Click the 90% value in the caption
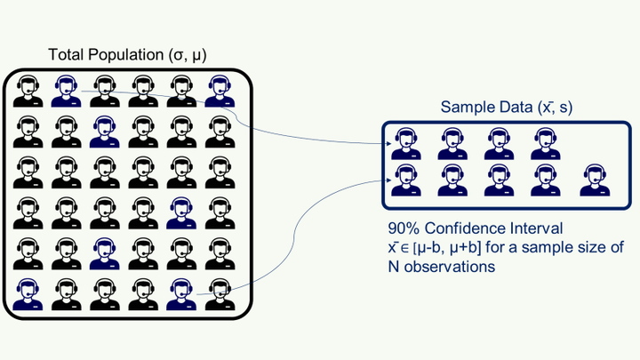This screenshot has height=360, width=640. [404, 228]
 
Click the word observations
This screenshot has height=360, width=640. [449, 266]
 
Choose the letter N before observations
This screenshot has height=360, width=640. [394, 266]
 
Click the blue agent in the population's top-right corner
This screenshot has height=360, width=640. [218, 89]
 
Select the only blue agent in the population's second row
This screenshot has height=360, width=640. [105, 130]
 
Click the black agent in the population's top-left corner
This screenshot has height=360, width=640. [28, 89]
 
